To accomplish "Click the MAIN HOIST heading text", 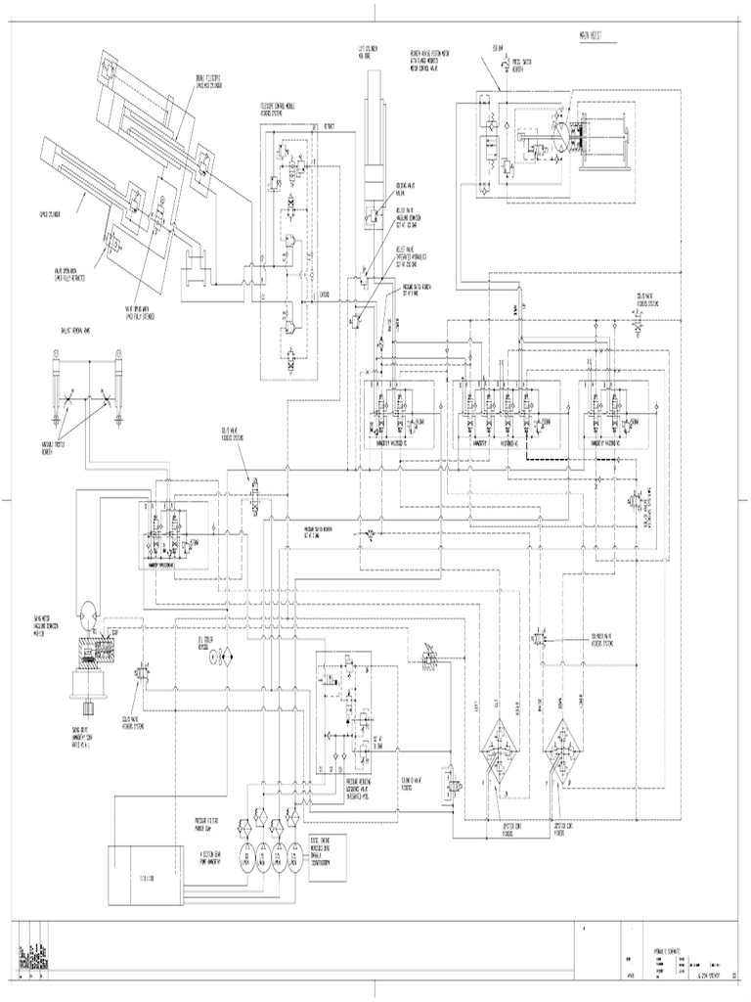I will pos(587,36).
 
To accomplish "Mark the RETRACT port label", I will pos(329,127).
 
